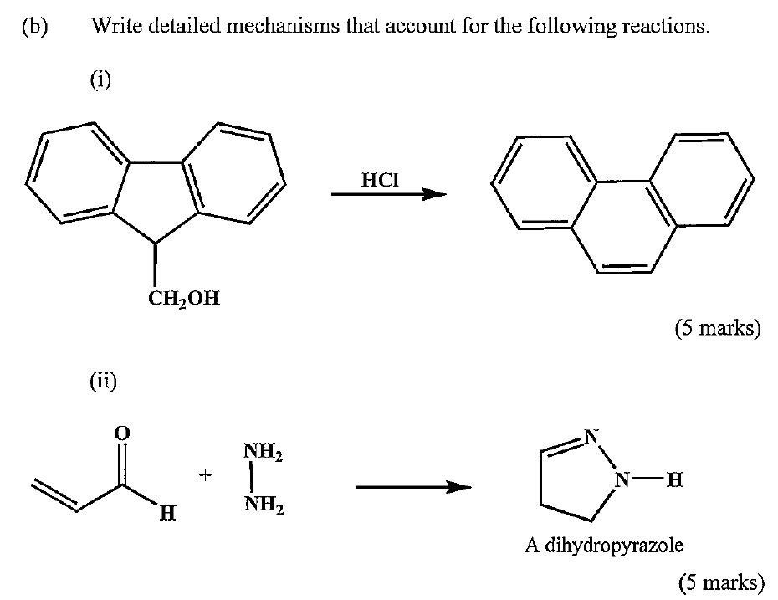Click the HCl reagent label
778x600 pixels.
tap(377, 179)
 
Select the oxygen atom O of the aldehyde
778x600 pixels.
tap(122, 433)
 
